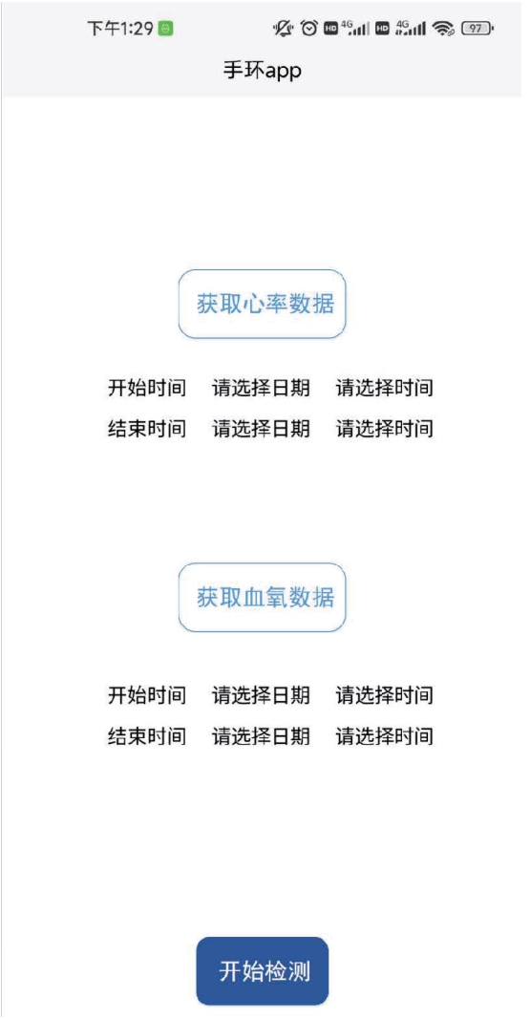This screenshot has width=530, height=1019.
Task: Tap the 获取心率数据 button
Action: (263, 304)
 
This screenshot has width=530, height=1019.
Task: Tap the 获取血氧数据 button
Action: (263, 597)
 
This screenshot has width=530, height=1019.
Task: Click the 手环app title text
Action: (263, 70)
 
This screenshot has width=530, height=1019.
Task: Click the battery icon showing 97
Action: (478, 28)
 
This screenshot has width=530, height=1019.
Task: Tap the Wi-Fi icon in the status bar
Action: (444, 28)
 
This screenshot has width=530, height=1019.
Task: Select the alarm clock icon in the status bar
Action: (309, 28)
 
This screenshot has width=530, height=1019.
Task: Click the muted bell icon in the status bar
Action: (284, 28)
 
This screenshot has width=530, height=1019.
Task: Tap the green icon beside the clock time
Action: (166, 29)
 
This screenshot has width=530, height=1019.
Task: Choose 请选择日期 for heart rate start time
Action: (261, 388)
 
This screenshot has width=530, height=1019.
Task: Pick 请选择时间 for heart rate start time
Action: (385, 388)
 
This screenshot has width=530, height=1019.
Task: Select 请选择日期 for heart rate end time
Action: (261, 428)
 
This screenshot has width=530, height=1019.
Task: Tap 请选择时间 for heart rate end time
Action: (385, 428)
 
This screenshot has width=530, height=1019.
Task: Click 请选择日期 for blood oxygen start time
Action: (261, 695)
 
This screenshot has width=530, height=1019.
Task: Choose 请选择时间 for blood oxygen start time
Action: (385, 695)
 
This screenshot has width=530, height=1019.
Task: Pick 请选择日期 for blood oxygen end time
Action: (261, 736)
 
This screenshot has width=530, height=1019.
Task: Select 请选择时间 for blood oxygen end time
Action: (385, 736)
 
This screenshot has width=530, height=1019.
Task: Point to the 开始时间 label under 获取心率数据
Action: (147, 388)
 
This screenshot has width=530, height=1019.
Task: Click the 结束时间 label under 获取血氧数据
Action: (147, 736)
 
